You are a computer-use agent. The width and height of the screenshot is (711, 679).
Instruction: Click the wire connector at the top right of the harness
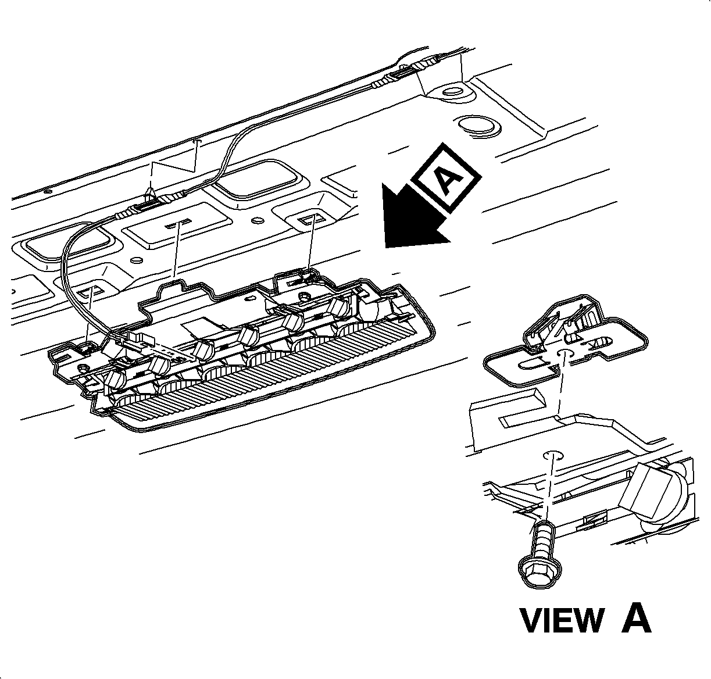pyautogui.click(x=407, y=72)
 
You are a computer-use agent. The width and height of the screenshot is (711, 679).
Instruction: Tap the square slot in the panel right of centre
pyautogui.click(x=309, y=219)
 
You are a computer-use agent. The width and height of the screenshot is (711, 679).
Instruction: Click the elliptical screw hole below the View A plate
pyautogui.click(x=553, y=455)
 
